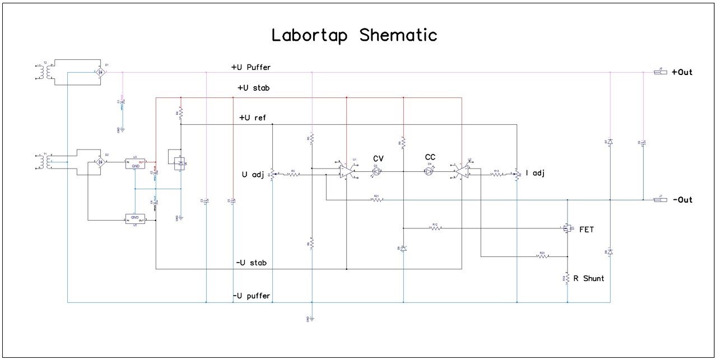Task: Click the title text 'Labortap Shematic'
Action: pyautogui.click(x=354, y=35)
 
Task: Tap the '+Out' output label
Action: pyautogui.click(x=682, y=72)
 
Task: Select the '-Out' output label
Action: pyautogui.click(x=682, y=200)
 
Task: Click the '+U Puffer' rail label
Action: pyautogui.click(x=251, y=67)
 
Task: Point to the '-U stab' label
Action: pyautogui.click(x=251, y=263)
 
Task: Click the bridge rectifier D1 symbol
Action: pyautogui.click(x=100, y=72)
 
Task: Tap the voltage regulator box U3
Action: pyautogui.click(x=134, y=162)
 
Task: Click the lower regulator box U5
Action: pyautogui.click(x=134, y=219)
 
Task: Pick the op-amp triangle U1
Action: pyautogui.click(x=346, y=170)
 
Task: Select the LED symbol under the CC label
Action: pyautogui.click(x=430, y=171)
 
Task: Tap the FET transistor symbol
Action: pyautogui.click(x=566, y=228)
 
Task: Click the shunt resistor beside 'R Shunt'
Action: pyautogui.click(x=568, y=278)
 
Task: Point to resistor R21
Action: pyautogui.click(x=376, y=200)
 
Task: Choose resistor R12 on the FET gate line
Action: pyautogui.click(x=434, y=228)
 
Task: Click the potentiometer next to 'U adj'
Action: pyautogui.click(x=272, y=174)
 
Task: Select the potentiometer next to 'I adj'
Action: pyautogui.click(x=516, y=174)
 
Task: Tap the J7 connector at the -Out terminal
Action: pyautogui.click(x=660, y=200)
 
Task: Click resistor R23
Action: pyautogui.click(x=542, y=256)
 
